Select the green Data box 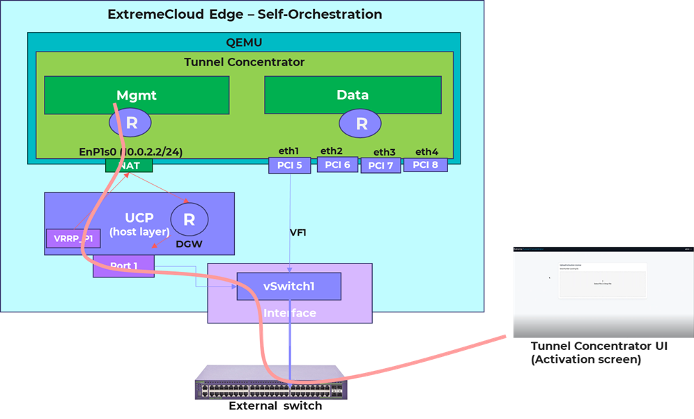353,95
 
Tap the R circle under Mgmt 130,124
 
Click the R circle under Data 362,124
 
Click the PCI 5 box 289,165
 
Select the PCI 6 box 337,165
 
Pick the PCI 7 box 380,165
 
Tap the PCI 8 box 425,165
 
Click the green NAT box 129,165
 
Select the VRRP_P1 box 73,238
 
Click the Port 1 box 123,266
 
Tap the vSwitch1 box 288,286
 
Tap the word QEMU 244,41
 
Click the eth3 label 384,152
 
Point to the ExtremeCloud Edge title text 245,14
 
